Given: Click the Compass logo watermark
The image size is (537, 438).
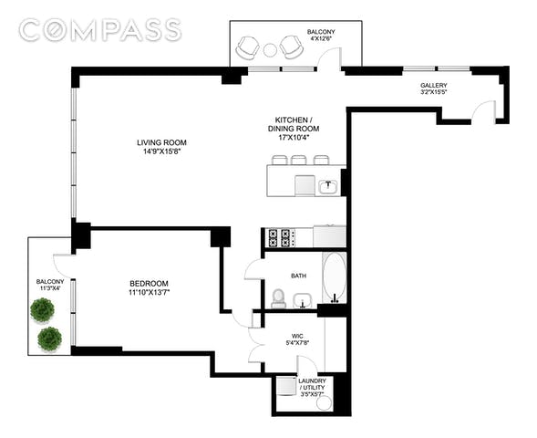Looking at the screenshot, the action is tap(100, 30).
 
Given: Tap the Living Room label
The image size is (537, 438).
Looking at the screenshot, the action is tap(161, 142).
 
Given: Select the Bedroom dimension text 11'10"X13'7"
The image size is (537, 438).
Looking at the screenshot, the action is tap(149, 292).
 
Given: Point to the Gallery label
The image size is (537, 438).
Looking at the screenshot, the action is tap(434, 85).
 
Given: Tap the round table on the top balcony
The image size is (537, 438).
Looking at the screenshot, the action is tap(270, 50).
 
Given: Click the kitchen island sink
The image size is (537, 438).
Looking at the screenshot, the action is tap(328, 187).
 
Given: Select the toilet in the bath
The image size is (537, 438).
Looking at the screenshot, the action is tap(278, 298).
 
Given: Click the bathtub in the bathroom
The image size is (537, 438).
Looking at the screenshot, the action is tap(335, 277).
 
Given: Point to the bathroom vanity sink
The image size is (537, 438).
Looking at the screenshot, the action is tap(303, 300).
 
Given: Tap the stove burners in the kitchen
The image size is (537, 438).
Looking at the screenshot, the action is tap(279, 238).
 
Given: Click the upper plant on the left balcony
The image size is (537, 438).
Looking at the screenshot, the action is tap(42, 310).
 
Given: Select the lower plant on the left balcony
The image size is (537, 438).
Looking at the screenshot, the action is tap(49, 339).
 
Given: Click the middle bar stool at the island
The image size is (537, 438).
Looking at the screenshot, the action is tap(299, 160).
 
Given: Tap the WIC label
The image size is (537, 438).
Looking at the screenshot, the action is tap(297, 336).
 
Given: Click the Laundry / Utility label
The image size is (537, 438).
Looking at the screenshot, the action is tap(312, 384).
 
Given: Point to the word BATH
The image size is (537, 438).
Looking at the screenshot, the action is tap(299, 276).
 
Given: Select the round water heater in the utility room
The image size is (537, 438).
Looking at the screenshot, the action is tap(324, 403).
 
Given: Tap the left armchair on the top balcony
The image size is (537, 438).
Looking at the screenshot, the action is tap(248, 48).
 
